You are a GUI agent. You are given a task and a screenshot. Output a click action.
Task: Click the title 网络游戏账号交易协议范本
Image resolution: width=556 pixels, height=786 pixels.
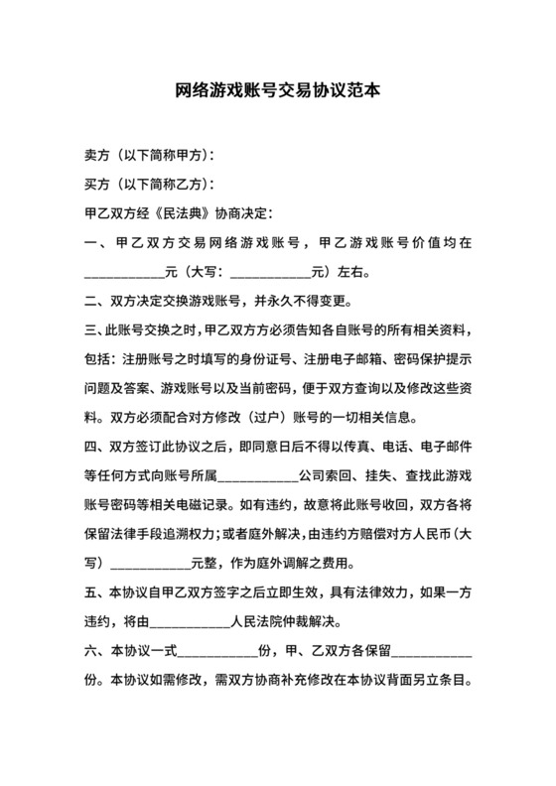(x=278, y=91)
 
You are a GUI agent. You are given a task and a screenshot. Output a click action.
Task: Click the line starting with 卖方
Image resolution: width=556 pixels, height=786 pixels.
(x=150, y=157)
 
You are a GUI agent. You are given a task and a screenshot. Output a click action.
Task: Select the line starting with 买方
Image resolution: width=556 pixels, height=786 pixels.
(x=150, y=185)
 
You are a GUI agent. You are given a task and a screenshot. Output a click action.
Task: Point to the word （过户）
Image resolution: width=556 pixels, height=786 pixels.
(x=257, y=416)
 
